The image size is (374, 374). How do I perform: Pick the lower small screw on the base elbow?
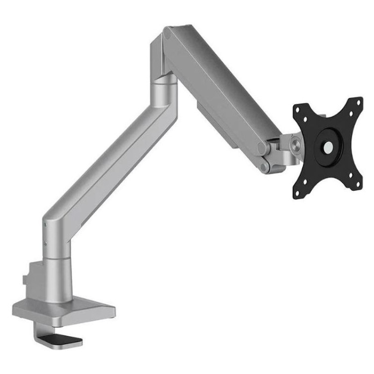click(46, 243)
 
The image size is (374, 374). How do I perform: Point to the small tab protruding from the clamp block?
click(24, 280)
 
